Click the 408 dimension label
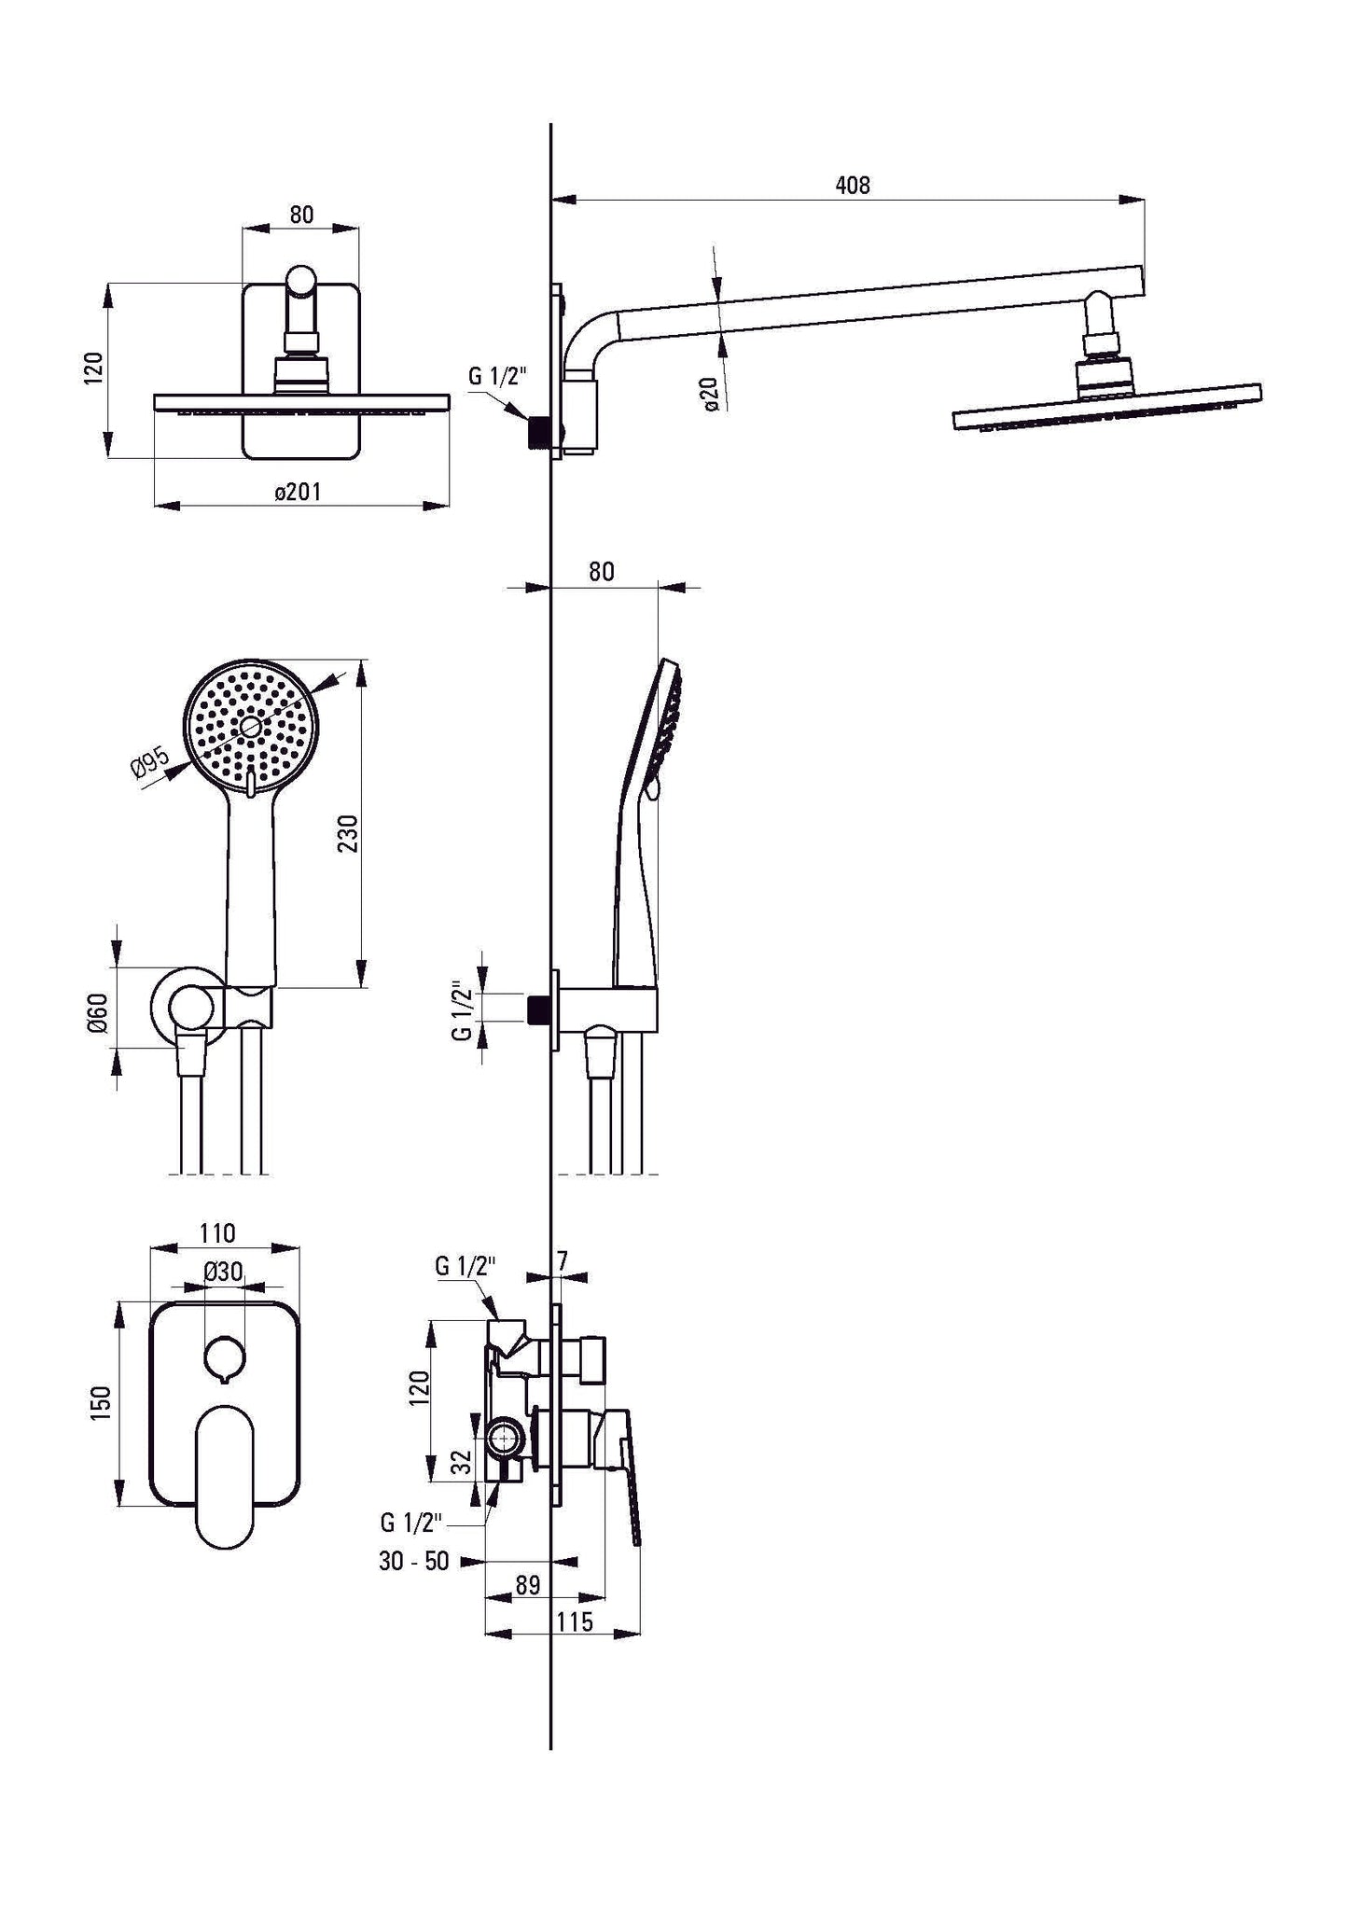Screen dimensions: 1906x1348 (852, 186)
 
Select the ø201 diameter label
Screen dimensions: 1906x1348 (298, 492)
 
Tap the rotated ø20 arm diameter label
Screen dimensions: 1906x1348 (711, 394)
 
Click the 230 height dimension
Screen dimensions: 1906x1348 (348, 833)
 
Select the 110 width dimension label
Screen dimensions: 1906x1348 (216, 1233)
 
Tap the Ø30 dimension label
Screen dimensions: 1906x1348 (223, 1271)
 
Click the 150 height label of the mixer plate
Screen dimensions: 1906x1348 (102, 1402)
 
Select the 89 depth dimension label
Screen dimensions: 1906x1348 (528, 1585)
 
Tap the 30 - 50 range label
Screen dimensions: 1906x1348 (413, 1561)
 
